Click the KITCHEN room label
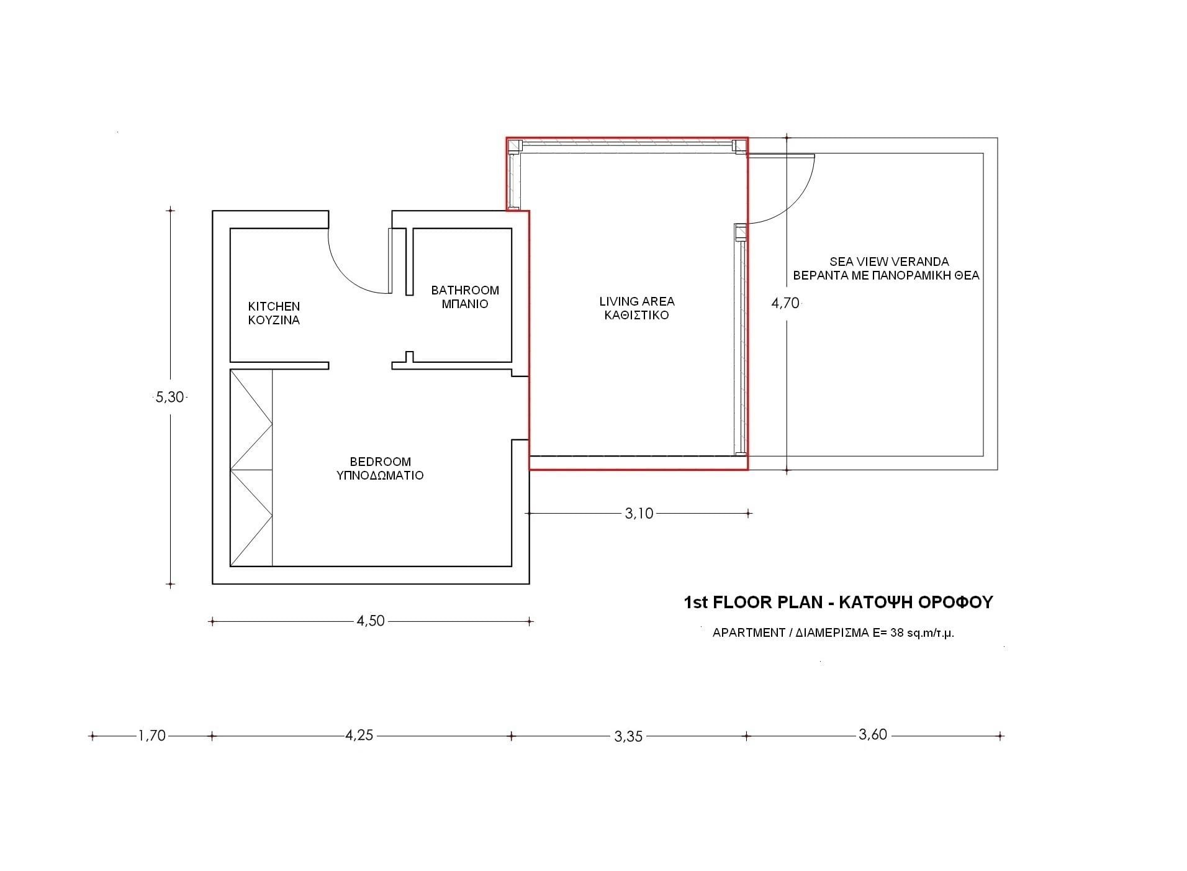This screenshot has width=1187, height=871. click(274, 306)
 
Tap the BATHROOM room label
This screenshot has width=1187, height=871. click(465, 290)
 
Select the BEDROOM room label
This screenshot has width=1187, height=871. click(381, 462)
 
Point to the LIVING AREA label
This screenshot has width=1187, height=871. click(637, 301)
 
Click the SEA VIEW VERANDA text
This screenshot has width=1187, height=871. click(889, 262)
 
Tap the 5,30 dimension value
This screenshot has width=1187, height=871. click(169, 397)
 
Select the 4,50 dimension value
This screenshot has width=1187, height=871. click(371, 621)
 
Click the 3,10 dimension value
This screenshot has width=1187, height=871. click(639, 513)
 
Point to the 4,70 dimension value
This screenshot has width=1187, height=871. click(785, 303)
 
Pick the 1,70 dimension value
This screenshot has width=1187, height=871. click(152, 736)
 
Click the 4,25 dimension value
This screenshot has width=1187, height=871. click(359, 735)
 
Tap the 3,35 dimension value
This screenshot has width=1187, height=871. click(628, 736)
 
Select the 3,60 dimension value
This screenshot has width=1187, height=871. click(873, 734)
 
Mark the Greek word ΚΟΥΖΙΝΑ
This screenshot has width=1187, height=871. click(274, 320)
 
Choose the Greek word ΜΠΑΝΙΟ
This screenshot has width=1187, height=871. click(465, 304)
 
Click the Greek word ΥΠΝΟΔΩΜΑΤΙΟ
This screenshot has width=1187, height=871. click(380, 475)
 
